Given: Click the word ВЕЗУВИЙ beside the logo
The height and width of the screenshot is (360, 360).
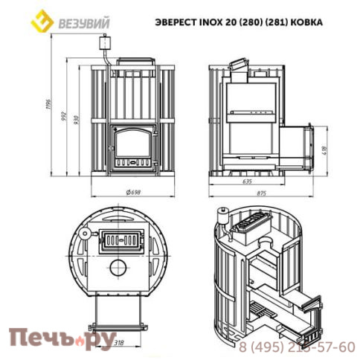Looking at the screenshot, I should point(80,22).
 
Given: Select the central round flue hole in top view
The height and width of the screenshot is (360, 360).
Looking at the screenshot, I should point(118,268).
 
